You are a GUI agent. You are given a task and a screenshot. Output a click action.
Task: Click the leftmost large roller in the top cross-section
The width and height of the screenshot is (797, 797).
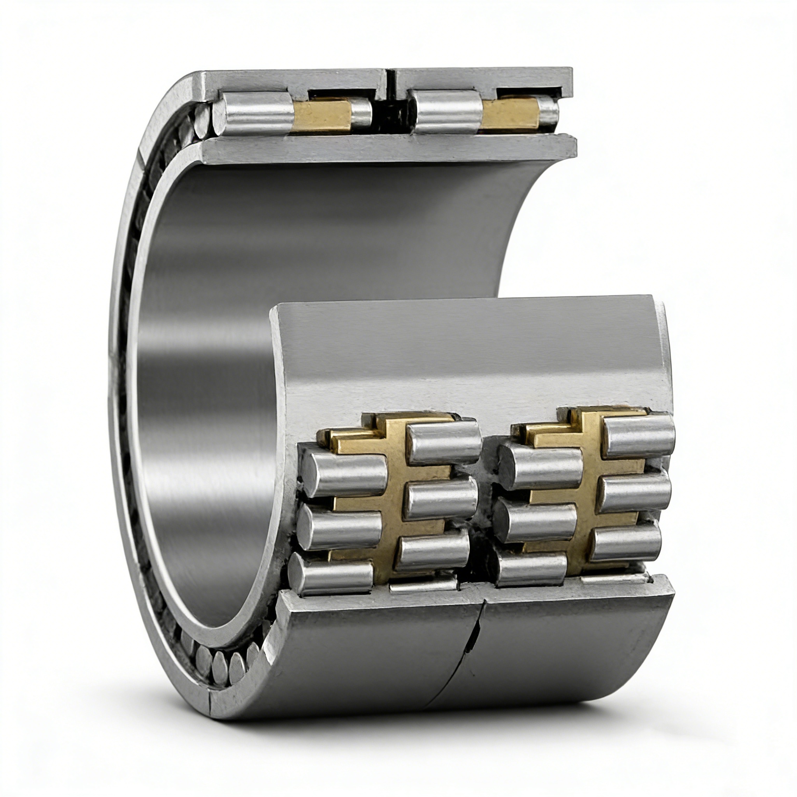click(x=254, y=114)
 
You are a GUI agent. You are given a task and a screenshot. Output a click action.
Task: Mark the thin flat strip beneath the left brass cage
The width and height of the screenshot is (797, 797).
click(x=423, y=585)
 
